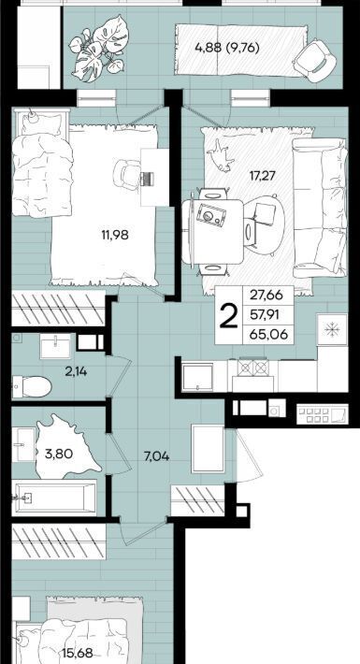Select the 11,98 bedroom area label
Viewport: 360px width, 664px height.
tap(115, 235)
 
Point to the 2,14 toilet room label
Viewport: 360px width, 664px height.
tap(77, 372)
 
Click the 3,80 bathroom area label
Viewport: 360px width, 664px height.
tap(59, 455)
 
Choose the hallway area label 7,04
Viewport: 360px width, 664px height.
tap(156, 456)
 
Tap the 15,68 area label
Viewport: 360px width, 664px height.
tap(77, 654)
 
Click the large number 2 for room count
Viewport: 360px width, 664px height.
tap(229, 318)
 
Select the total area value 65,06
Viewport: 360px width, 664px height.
tap(268, 335)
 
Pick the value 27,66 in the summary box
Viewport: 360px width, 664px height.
tap(266, 295)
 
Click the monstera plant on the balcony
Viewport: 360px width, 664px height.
tap(97, 50)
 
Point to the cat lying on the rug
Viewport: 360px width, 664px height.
tap(222, 156)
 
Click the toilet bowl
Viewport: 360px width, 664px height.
tap(32, 386)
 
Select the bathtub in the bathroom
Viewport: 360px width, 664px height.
tap(54, 498)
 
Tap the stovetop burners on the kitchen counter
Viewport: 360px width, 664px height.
tap(252, 368)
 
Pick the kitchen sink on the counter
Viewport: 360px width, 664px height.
tap(197, 377)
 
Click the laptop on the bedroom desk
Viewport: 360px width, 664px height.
tap(147, 179)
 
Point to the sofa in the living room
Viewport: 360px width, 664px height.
tap(320, 208)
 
